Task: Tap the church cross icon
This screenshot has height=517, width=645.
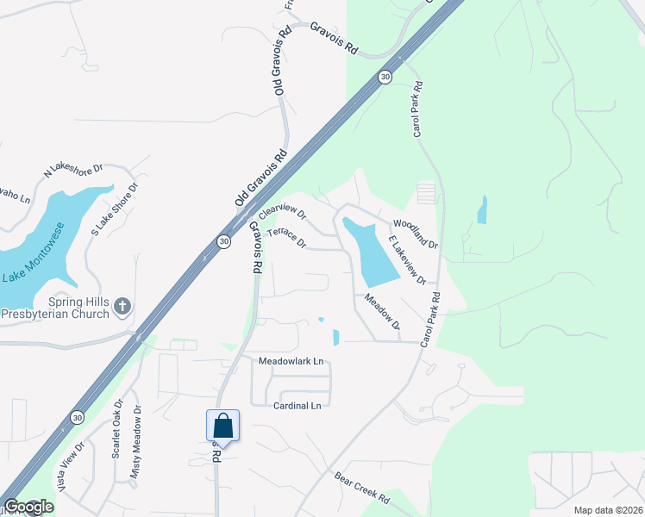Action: click(122, 305)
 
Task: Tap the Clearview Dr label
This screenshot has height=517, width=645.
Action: click(283, 211)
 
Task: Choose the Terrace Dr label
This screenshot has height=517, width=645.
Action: click(286, 238)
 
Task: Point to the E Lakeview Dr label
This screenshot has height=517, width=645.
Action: click(407, 260)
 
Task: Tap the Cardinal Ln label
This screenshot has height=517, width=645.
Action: click(297, 405)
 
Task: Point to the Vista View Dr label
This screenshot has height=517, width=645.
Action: click(70, 466)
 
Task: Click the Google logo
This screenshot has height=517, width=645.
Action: click(28, 508)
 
